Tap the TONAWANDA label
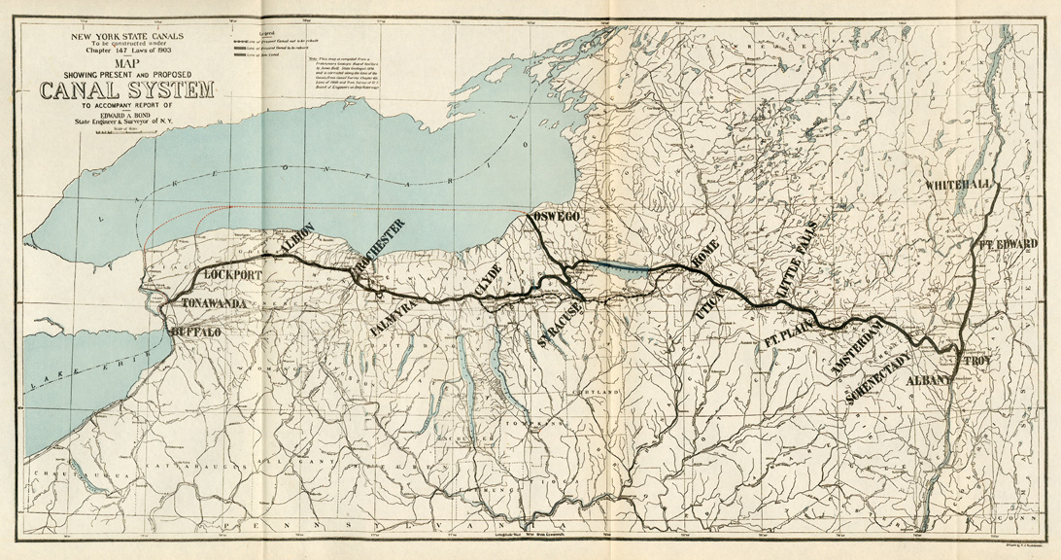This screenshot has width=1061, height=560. [214, 304]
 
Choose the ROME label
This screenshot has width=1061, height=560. [702, 253]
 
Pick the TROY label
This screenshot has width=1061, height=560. [975, 361]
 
